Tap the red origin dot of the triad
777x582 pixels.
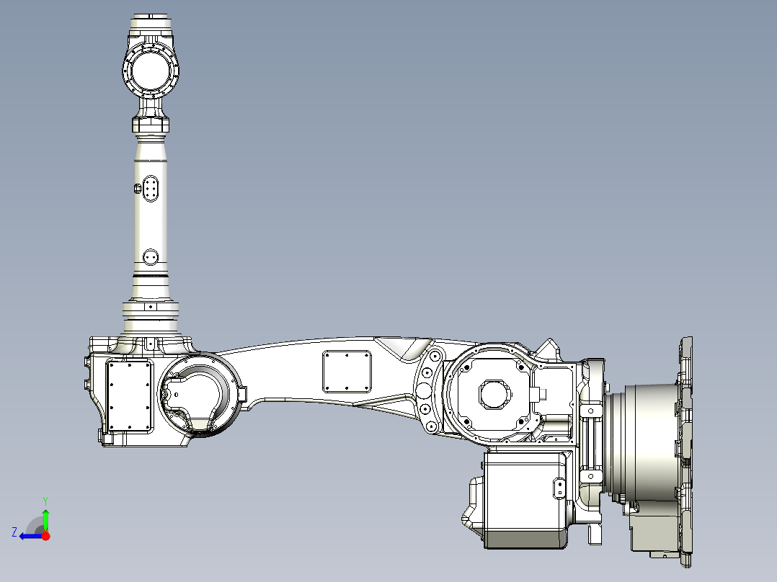pos(46,536)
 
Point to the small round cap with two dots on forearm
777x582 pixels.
pos(151,256)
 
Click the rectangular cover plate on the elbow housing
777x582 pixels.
pos(130,395)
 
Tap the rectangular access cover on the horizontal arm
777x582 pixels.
pos(347,372)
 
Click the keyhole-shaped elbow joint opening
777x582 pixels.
pos(196,398)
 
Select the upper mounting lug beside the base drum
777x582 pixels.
pos(591,410)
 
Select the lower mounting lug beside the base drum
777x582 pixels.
pos(591,476)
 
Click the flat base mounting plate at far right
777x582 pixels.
pos(686,447)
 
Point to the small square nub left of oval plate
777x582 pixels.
pos(138,188)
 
